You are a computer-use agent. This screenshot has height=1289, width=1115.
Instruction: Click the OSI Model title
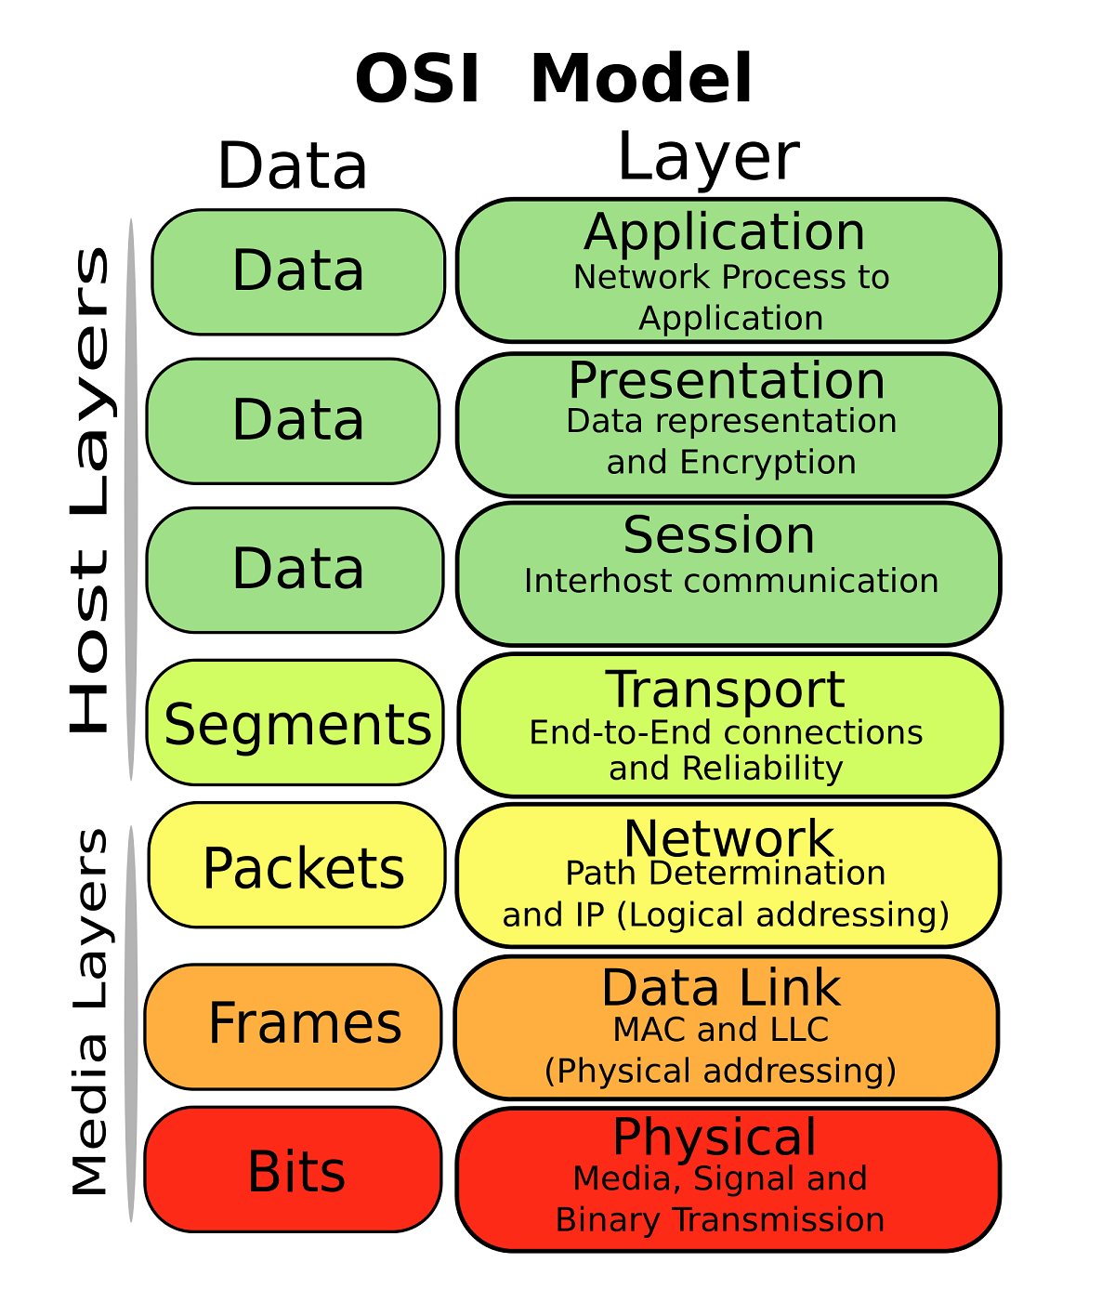click(554, 79)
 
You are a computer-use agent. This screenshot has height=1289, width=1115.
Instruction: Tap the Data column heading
click(293, 167)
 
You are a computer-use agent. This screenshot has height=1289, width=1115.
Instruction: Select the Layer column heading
click(708, 156)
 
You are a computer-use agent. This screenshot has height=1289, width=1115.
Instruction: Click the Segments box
click(296, 724)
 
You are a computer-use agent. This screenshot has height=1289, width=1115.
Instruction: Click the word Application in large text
click(725, 232)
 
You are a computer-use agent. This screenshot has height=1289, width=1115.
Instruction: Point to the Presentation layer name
click(727, 380)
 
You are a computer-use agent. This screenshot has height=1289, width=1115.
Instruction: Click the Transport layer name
click(726, 689)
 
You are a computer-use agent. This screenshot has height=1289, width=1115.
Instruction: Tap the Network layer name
click(728, 838)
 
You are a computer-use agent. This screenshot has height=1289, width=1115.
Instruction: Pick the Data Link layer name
click(721, 987)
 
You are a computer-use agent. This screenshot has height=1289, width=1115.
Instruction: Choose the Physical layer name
click(715, 1137)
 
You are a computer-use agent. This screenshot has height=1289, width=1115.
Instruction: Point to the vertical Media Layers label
click(90, 1012)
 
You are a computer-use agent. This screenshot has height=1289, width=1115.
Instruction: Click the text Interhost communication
click(731, 581)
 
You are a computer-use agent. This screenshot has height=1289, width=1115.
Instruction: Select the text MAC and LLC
click(721, 1030)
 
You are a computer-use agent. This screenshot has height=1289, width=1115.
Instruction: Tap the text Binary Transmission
click(720, 1219)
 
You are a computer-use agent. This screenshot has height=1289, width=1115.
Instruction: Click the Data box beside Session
click(296, 569)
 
